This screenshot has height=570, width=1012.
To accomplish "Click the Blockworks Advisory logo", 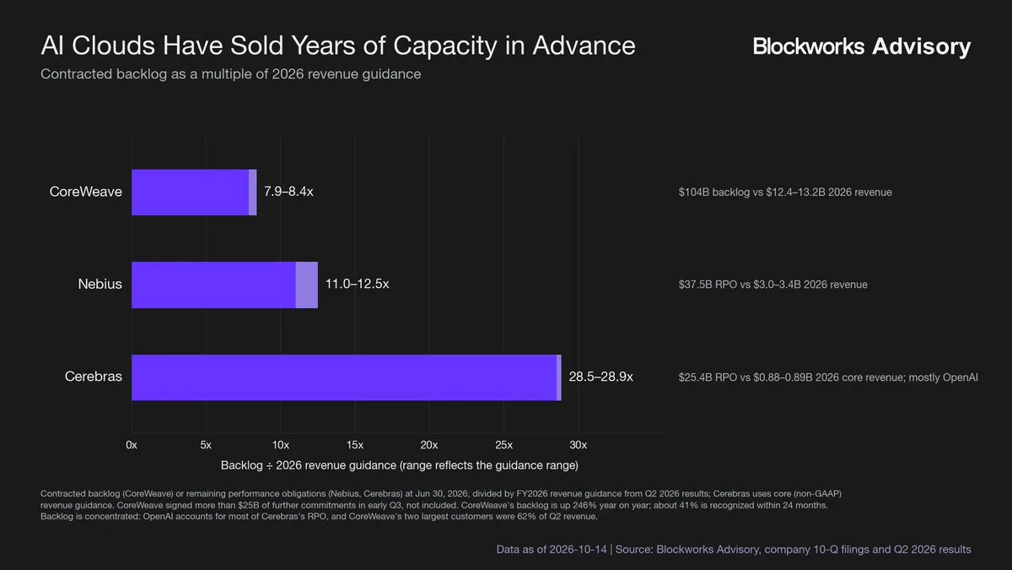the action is click(x=862, y=46).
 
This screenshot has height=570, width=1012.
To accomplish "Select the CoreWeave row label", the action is click(x=86, y=192).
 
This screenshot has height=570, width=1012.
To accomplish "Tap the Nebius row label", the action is click(x=100, y=284).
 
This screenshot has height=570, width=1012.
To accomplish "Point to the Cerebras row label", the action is click(x=94, y=377).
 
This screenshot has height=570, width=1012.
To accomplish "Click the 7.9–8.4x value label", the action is click(x=288, y=192).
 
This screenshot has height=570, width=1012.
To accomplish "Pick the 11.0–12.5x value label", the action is click(x=357, y=284).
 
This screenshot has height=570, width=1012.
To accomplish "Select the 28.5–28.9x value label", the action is click(x=600, y=377).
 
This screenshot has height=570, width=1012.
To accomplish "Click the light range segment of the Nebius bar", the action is click(x=307, y=285).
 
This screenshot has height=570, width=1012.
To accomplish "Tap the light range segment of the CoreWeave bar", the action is click(x=252, y=193).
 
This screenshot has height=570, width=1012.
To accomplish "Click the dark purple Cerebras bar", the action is click(x=344, y=377).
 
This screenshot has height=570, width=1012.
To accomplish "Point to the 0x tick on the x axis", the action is click(x=132, y=445).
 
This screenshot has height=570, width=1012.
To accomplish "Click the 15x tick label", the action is click(x=355, y=445).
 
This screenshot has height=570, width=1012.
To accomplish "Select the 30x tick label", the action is click(x=579, y=445).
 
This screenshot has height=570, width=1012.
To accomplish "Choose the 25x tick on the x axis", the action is click(x=503, y=445).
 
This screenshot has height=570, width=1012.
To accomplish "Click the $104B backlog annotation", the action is click(x=785, y=193).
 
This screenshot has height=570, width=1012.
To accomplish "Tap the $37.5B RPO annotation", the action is click(x=773, y=285).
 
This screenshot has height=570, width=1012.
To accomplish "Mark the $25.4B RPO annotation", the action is click(x=828, y=377).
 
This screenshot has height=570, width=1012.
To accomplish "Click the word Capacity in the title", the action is click(x=445, y=46).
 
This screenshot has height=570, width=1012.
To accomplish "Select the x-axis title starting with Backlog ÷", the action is click(x=400, y=465).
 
